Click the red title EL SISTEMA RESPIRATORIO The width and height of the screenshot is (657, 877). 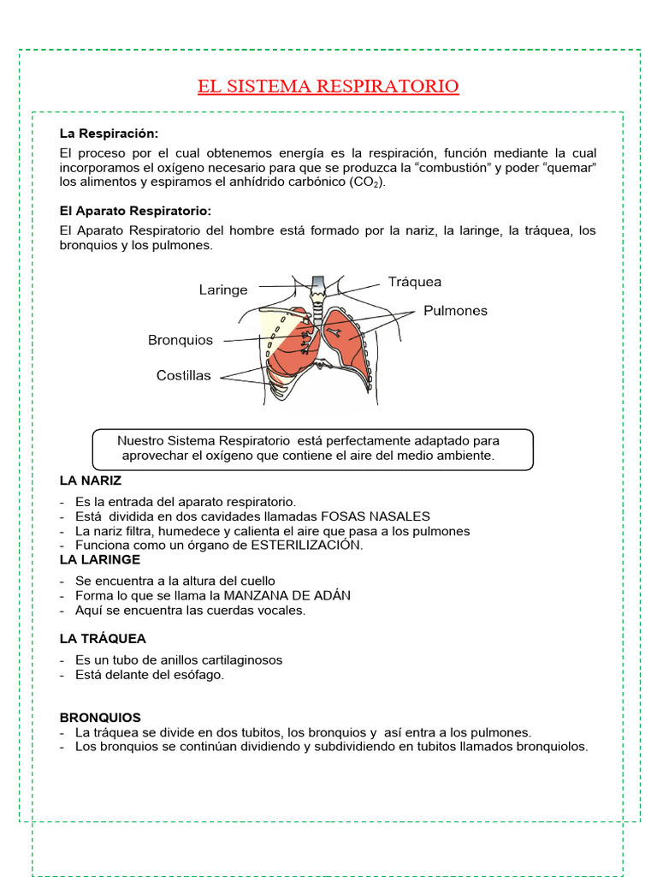(328, 87)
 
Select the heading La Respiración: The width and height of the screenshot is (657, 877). (109, 134)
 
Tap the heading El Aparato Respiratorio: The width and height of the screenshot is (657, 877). (135, 211)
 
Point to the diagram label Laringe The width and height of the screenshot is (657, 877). (223, 290)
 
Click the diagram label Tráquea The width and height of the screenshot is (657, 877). (415, 282)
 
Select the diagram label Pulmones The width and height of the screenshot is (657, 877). (455, 311)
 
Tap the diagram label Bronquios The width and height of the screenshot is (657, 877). (181, 340)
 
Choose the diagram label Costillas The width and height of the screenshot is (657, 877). (183, 376)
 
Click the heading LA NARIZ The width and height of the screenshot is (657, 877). (91, 480)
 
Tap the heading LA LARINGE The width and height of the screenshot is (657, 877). (100, 559)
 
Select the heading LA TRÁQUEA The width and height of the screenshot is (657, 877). (103, 639)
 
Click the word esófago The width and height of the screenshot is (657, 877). (199, 675)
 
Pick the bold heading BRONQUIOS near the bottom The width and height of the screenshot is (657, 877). (100, 718)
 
